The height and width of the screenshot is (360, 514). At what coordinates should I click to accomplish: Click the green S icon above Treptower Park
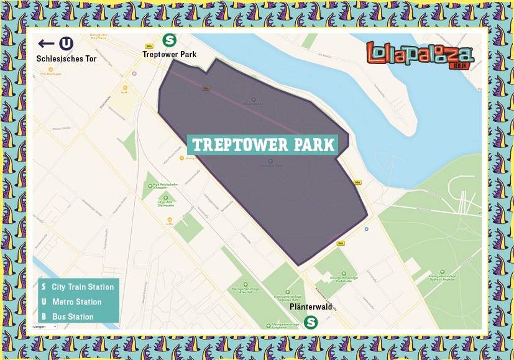[168, 40]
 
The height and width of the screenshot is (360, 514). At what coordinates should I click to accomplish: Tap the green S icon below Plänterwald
[311, 322]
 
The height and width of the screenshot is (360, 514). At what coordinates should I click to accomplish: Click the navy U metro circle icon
[66, 44]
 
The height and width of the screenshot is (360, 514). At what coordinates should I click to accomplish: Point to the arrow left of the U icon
[46, 44]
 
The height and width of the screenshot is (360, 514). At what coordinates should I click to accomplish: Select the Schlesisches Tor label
[66, 58]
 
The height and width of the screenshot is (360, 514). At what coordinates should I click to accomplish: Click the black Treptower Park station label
[169, 55]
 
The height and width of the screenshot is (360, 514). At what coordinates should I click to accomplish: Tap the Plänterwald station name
[311, 307]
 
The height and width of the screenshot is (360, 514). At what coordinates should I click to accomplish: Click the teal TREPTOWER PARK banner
[263, 145]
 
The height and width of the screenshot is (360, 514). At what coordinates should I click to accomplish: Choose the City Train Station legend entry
[78, 287]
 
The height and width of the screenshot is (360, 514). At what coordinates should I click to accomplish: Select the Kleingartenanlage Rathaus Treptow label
[443, 276]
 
